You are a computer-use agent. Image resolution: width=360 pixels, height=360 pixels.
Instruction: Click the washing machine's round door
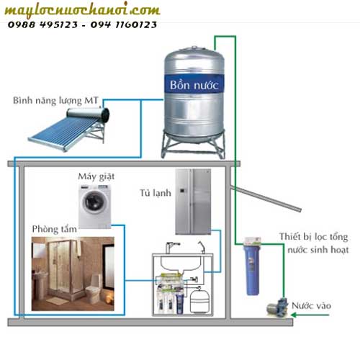click(94, 204)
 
